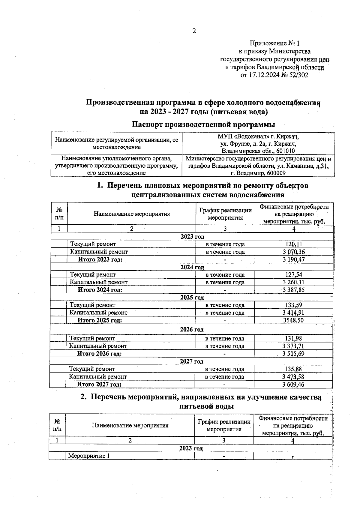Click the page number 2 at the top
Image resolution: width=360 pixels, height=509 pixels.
[194, 31]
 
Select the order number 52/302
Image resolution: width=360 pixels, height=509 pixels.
[299, 75]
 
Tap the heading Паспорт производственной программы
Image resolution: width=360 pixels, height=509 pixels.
[203, 124]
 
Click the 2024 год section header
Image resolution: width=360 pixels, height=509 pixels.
[192, 267]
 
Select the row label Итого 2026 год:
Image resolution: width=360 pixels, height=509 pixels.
[100, 354]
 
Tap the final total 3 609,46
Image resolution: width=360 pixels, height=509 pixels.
[293, 385]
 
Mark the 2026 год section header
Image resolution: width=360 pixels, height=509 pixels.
[192, 330]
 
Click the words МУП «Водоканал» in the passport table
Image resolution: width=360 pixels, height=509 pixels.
[241, 137]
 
